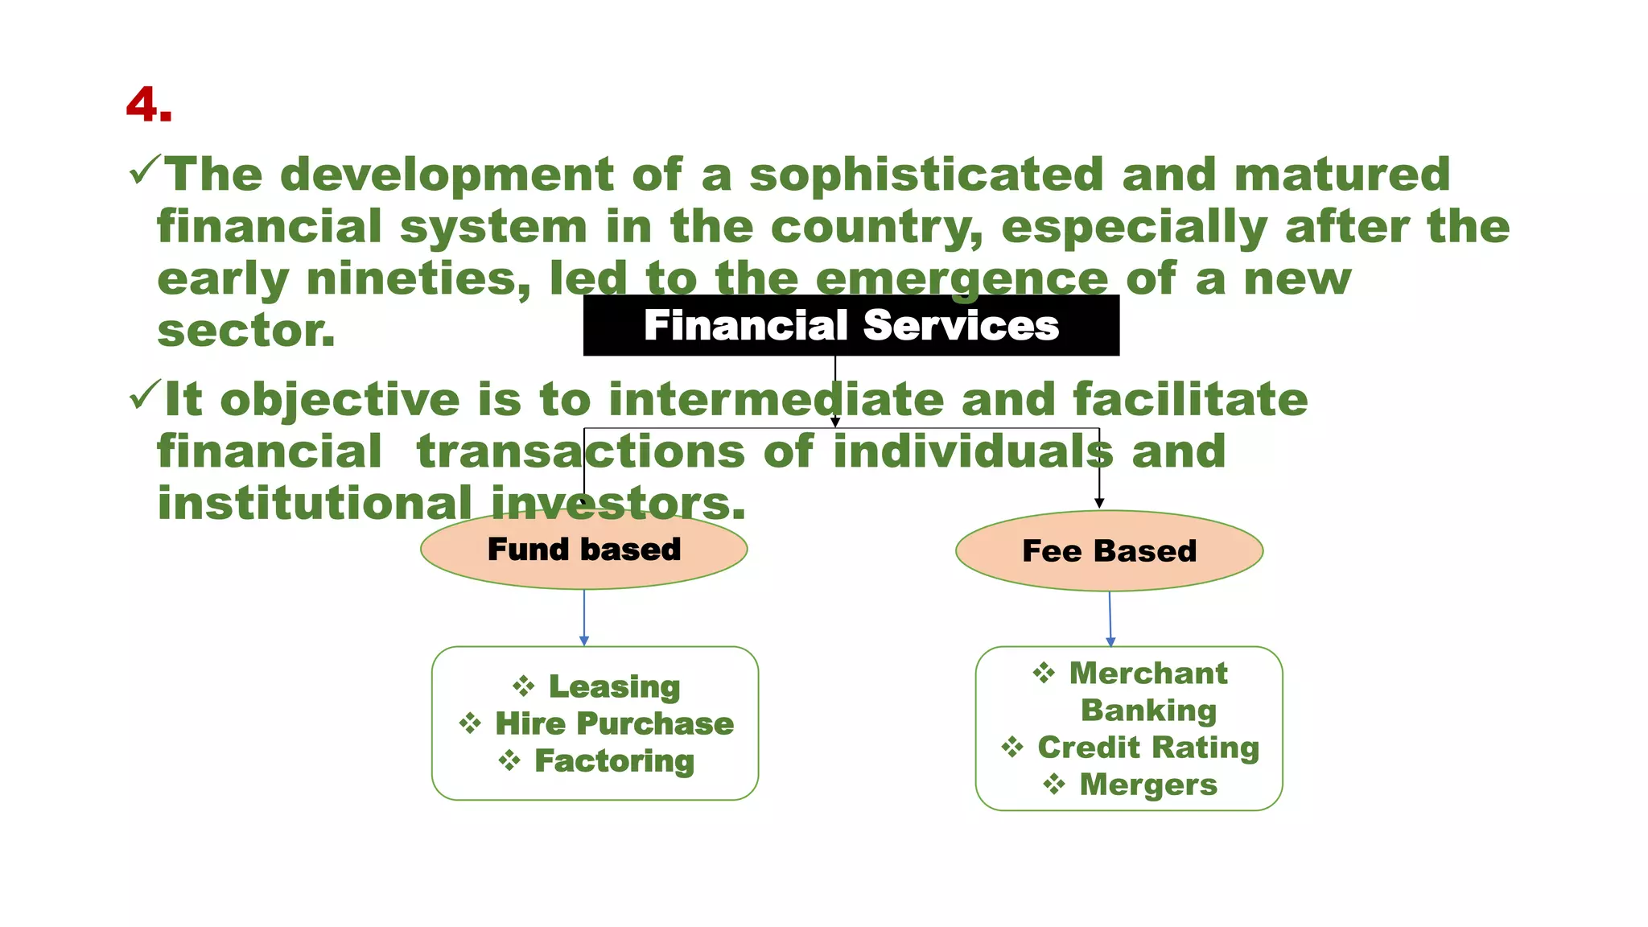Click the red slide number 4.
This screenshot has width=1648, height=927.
(149, 105)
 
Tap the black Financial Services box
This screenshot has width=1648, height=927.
(851, 325)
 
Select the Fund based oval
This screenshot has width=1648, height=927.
(583, 550)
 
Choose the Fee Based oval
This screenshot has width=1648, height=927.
(1109, 551)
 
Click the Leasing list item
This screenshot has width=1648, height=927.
(614, 686)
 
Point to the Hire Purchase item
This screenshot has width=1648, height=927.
(614, 723)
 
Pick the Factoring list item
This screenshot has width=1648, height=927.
(614, 760)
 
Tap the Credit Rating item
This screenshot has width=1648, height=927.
(1148, 747)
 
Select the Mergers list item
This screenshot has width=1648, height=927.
(1148, 784)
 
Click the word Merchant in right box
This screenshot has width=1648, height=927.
(1148, 673)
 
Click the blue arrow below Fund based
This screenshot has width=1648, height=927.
(584, 618)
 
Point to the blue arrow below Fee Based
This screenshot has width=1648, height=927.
(1110, 620)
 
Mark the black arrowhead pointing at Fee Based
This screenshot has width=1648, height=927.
(1099, 503)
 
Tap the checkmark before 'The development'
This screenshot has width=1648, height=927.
(144, 171)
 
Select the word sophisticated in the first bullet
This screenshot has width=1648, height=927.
(926, 175)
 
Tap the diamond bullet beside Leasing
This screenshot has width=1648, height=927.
(523, 686)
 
